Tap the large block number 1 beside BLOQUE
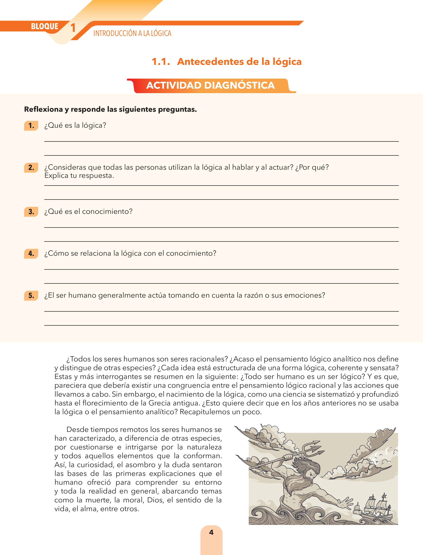pyautogui.click(x=73, y=28)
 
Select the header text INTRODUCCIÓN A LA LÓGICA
pyautogui.click(x=132, y=33)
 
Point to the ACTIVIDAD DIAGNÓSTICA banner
pyautogui.click(x=211, y=86)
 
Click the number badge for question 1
pyautogui.click(x=31, y=126)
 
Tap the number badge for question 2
pyautogui.click(x=31, y=168)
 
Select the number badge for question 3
pyautogui.click(x=31, y=212)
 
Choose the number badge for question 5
pyautogui.click(x=31, y=295)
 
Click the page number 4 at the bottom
pyautogui.click(x=211, y=532)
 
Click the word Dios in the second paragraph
pyautogui.click(x=155, y=500)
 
